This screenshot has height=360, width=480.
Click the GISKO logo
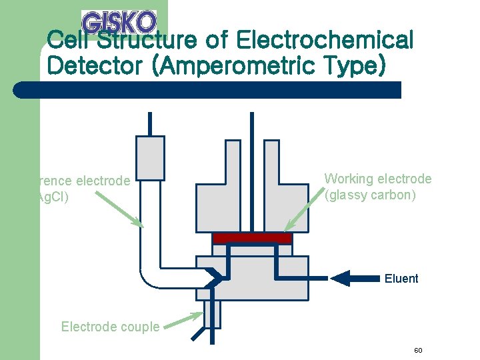119,21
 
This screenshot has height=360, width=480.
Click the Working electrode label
377,179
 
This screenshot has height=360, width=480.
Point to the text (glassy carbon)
370,195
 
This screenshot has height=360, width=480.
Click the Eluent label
401,279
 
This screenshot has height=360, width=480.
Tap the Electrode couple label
110,327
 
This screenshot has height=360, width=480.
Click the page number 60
418,351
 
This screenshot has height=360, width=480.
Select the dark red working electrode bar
252,238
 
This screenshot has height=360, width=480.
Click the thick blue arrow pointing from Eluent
353,278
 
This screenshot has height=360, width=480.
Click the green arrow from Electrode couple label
183,320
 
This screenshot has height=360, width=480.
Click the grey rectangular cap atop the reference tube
150,158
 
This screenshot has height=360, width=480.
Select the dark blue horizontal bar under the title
207,90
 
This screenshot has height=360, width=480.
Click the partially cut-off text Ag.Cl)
52,197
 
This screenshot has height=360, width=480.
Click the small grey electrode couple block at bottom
212,314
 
